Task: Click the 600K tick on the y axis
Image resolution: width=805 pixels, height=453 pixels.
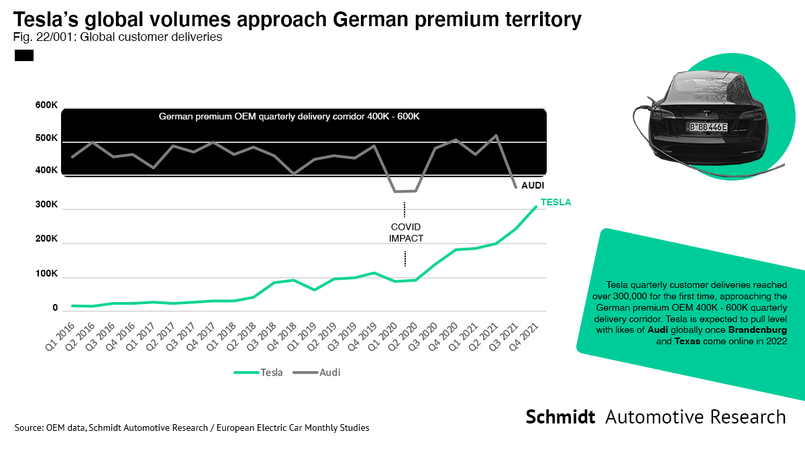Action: pos(46,105)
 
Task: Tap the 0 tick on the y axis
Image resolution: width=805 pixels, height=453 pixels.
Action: pos(55,308)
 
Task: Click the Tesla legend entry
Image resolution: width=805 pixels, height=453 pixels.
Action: pos(258,372)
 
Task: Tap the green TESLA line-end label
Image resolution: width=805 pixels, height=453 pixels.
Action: pos(555,202)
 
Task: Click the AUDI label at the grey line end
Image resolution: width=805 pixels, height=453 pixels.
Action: pos(533,185)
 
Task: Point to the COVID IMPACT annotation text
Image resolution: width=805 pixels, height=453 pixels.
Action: pos(405,232)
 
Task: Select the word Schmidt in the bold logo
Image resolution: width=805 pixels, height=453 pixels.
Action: pos(560,417)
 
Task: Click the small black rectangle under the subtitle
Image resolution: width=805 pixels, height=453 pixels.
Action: pos(24,56)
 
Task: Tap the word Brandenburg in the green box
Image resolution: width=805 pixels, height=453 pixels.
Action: pos(759,332)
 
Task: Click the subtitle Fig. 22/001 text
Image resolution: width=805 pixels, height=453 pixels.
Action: pos(118,38)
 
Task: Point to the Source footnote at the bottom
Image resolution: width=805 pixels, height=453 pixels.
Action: pos(191,427)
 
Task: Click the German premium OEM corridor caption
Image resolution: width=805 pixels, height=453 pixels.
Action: pos(289,116)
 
